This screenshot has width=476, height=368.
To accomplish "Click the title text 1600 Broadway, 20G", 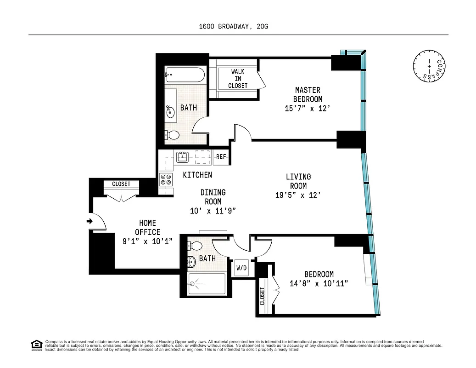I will click(233, 27).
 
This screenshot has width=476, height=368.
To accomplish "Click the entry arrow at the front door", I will click(89, 222).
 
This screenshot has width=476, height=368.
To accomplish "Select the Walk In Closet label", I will click(237, 79).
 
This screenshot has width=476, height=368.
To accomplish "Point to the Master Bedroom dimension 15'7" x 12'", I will click(308, 109).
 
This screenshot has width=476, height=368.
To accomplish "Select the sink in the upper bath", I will click(170, 111).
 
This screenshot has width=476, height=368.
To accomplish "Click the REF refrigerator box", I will click(221, 157).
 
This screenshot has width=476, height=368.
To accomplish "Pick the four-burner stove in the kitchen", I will click(166, 179).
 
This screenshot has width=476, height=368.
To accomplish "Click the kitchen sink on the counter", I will click(183, 157).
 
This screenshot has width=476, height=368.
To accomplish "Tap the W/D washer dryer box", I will click(241, 268).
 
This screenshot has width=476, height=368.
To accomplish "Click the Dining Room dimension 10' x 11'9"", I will click(213, 211).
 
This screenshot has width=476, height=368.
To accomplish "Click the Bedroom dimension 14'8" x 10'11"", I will click(319, 283).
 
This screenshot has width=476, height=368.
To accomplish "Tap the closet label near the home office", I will click(121, 184).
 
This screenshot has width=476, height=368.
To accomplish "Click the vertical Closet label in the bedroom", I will click(263, 297).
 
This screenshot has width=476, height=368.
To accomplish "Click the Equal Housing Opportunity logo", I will click(36, 345).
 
